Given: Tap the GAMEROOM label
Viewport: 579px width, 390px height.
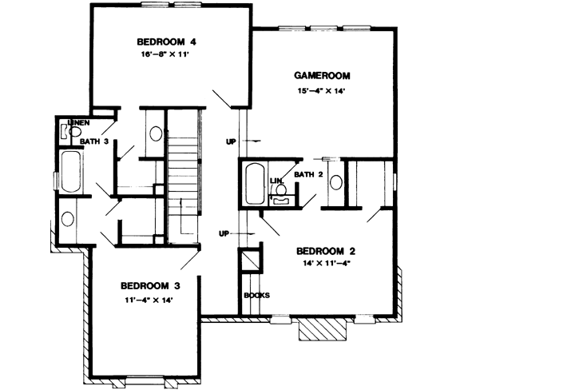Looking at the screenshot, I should pyautogui.click(x=323, y=76).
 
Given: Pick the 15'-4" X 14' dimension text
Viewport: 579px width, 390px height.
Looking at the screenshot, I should pyautogui.click(x=323, y=91).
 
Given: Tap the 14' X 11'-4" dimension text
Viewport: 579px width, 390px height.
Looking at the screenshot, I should pyautogui.click(x=327, y=263).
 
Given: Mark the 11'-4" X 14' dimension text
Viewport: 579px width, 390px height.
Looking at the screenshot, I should pyautogui.click(x=149, y=300).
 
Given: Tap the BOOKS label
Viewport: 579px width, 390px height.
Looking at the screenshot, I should pyautogui.click(x=257, y=295).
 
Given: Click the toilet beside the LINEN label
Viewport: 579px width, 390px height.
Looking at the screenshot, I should pyautogui.click(x=66, y=131).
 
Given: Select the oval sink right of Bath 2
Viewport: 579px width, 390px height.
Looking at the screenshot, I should pyautogui.click(x=336, y=181).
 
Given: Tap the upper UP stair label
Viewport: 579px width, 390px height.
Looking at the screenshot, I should pyautogui.click(x=232, y=141).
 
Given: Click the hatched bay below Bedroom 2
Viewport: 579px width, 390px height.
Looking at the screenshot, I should pyautogui.click(x=322, y=328).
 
